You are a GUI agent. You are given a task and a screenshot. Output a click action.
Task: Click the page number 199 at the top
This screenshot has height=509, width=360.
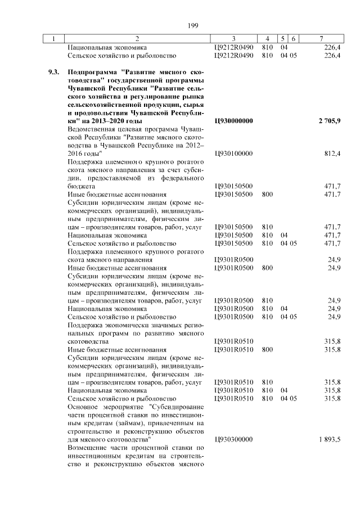(x=193, y=25)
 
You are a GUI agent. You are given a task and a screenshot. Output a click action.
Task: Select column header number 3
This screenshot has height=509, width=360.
(x=233, y=39)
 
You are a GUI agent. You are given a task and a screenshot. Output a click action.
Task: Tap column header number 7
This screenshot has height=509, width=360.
(x=321, y=39)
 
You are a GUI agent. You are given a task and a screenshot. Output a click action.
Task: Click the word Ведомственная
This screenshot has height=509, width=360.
(x=93, y=129)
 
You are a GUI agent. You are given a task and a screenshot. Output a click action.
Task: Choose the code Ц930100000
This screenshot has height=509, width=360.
(x=234, y=154)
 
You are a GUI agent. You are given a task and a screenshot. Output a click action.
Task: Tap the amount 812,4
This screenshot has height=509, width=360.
(x=332, y=154)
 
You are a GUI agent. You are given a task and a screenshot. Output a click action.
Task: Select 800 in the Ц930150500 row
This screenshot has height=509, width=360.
(x=267, y=194)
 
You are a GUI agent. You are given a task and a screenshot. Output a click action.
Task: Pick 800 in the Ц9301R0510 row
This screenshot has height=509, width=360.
(x=267, y=350)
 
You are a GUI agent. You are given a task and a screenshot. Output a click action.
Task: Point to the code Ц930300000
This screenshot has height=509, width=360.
(x=234, y=439)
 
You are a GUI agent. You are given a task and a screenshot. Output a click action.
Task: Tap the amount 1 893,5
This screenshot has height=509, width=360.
(x=329, y=439)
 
